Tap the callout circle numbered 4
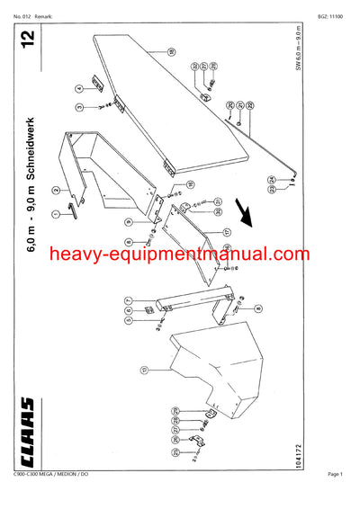click(78, 89)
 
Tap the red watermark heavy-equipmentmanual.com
click(180, 254)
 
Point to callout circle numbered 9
click(130, 221)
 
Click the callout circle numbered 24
click(270, 180)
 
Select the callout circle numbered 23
click(270, 190)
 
